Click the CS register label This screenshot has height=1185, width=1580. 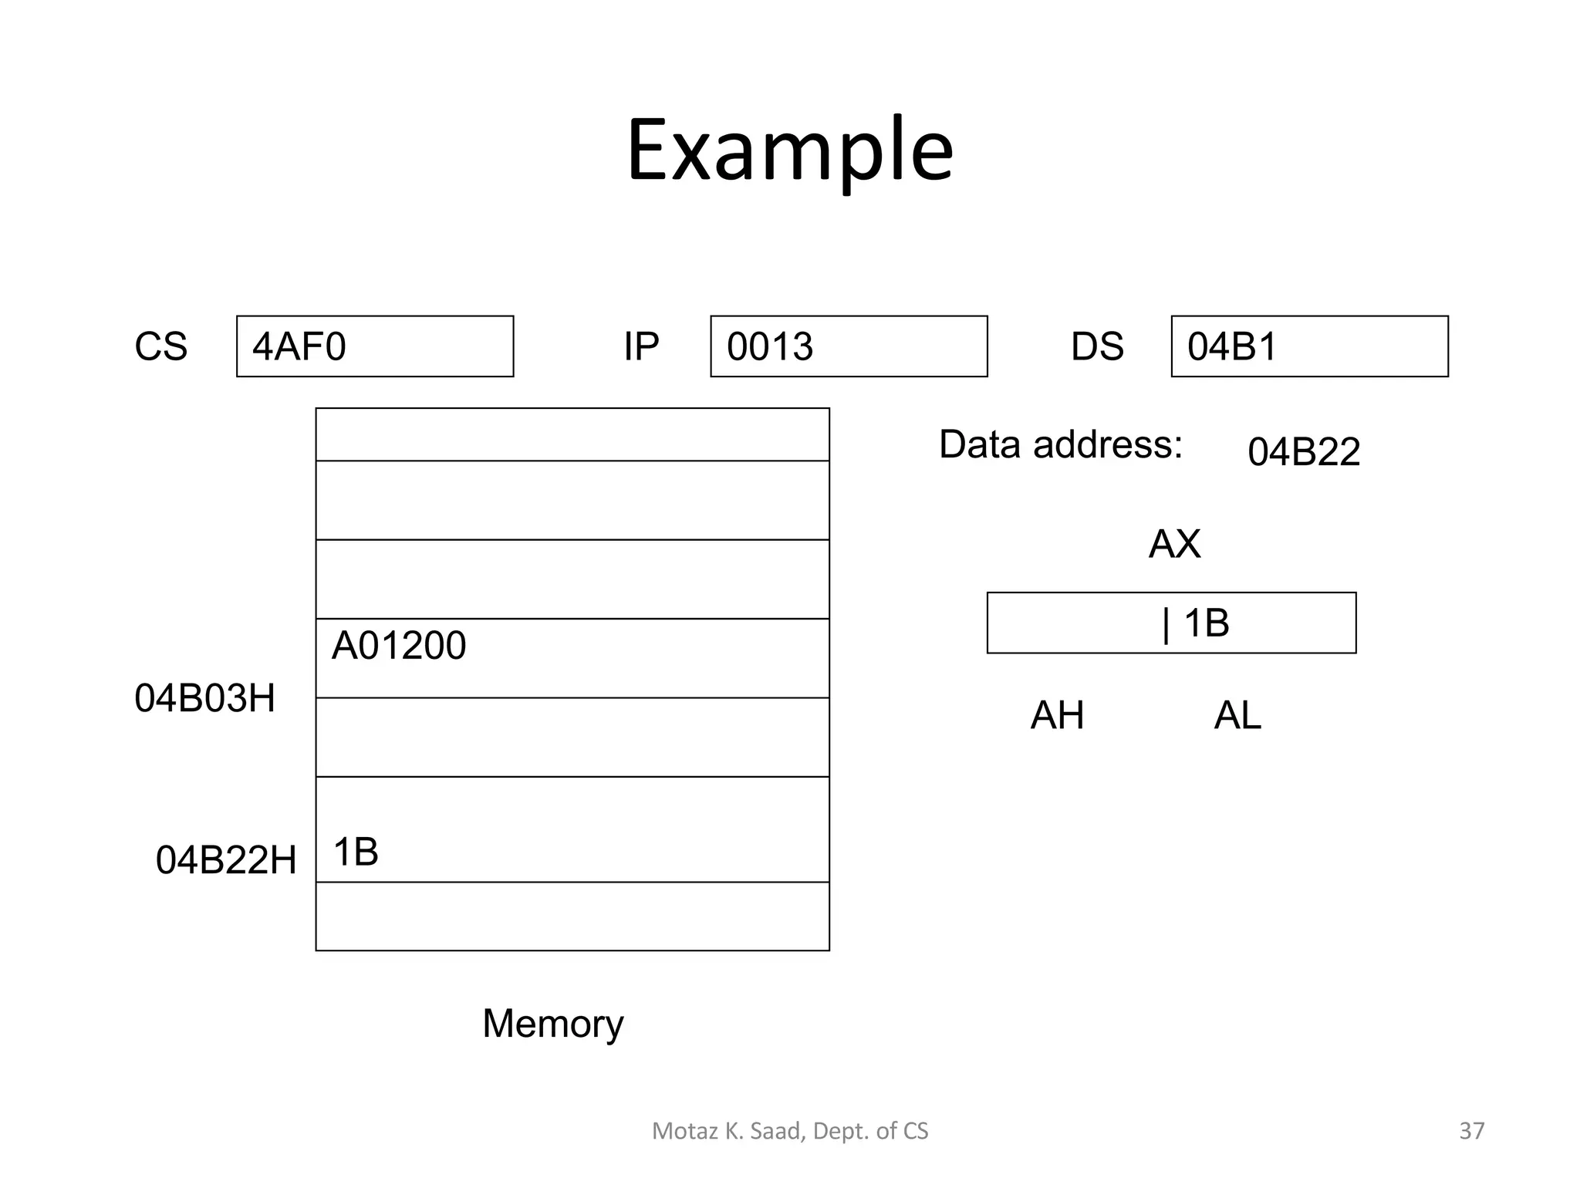tap(160, 346)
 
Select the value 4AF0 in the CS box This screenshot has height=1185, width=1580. tap(299, 346)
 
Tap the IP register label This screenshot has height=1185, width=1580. tap(641, 346)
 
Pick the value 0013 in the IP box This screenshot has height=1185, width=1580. tap(770, 346)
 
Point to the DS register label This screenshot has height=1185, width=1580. tap(1096, 346)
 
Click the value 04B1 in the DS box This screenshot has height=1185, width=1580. tap(1232, 346)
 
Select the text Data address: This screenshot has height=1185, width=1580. tap(1060, 444)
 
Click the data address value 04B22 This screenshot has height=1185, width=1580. tap(1303, 452)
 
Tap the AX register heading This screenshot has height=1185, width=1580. tap(1174, 544)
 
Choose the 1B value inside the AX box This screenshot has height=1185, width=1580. tap(1205, 623)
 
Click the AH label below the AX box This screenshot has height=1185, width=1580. tap(1057, 715)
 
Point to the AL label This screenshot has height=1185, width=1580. tap(1237, 715)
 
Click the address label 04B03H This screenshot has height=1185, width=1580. tap(204, 698)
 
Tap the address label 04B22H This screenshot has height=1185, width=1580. tap(226, 859)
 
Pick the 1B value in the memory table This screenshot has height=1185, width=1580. tap(356, 852)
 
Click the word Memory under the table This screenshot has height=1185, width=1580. tap(552, 1024)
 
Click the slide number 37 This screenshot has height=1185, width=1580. tap(1471, 1131)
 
